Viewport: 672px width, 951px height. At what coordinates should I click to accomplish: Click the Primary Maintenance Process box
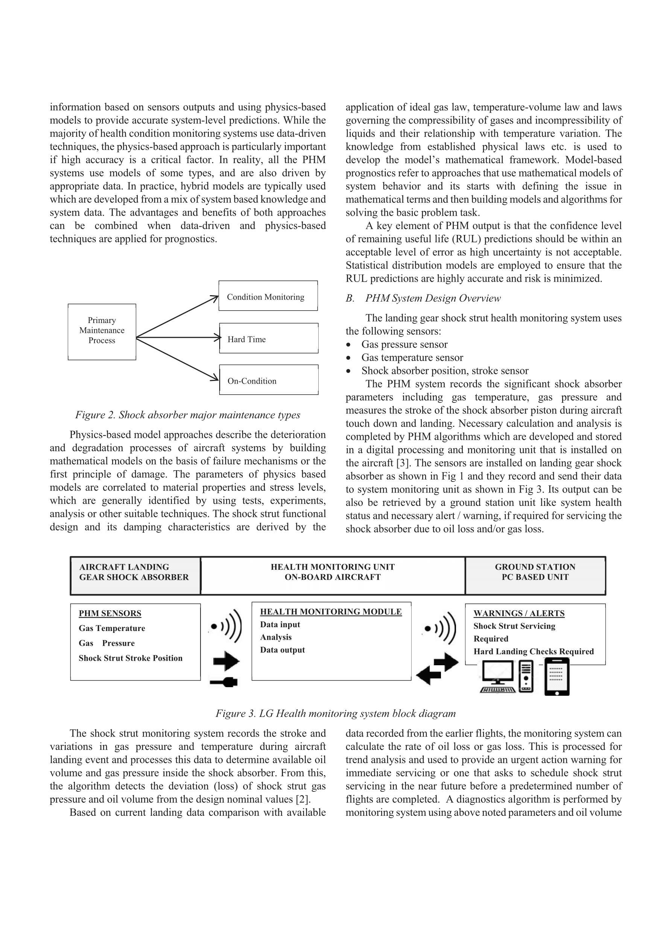point(102,331)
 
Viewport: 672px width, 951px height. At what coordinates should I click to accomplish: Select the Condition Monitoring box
point(268,296)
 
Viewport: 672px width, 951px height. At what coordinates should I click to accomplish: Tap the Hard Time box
point(269,338)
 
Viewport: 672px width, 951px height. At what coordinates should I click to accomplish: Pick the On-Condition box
point(269,380)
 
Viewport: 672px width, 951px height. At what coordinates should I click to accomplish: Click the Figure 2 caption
point(187,415)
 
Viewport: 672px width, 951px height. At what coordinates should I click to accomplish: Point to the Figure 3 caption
point(335,713)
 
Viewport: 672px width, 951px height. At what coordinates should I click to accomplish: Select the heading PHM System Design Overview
point(433,298)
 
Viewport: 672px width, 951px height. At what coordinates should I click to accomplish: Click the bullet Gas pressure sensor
point(404,344)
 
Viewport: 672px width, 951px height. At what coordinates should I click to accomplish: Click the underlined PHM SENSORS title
point(110,613)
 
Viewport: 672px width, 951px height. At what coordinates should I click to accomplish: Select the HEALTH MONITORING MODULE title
point(331,612)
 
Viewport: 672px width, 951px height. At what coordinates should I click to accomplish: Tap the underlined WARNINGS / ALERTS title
point(519,613)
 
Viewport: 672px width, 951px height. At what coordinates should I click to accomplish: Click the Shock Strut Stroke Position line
point(131,658)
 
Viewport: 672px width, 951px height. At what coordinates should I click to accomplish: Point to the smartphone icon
point(556,677)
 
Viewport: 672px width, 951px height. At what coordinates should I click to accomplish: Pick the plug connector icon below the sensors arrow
point(224,682)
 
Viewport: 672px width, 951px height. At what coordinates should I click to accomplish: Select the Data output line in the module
point(282,650)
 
